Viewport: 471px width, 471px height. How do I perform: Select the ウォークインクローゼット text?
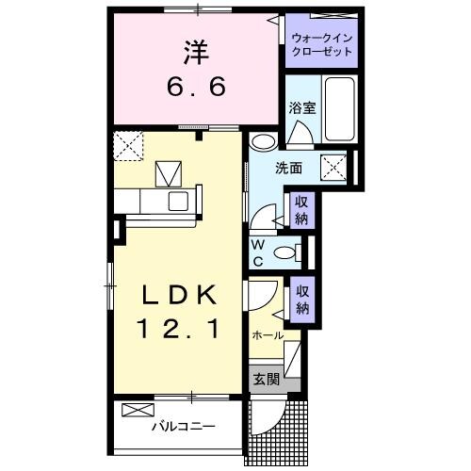[322, 44]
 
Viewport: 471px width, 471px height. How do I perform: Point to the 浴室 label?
[301, 108]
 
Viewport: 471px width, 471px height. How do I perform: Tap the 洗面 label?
[288, 170]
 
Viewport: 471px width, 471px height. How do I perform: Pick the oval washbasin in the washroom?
[265, 143]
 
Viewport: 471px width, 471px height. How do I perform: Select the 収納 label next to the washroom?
[301, 209]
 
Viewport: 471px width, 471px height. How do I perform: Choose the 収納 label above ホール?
[301, 300]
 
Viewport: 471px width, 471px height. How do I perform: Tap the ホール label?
[268, 335]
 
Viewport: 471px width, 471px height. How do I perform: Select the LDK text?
[179, 296]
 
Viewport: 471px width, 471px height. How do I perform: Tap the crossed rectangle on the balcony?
[137, 411]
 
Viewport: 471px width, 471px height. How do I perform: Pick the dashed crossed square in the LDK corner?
[127, 146]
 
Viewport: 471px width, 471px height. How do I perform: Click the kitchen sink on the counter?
[178, 200]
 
